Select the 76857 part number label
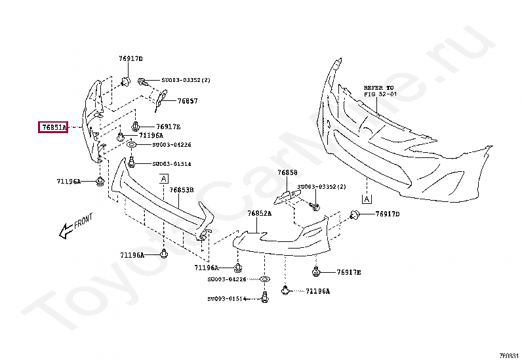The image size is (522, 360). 188,102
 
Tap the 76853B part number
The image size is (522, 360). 182,190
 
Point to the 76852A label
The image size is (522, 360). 259,214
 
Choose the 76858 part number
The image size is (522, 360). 287,172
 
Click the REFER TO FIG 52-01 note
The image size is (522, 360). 380,90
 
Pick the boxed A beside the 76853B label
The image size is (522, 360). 163,178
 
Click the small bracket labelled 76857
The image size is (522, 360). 159,97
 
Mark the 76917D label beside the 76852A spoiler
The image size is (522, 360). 387,214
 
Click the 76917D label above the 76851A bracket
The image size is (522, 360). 130,58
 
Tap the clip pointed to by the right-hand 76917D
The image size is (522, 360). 355,214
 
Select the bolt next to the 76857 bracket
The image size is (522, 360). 141,81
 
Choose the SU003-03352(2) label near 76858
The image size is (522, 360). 321,187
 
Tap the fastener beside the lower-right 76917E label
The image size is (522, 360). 317,270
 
